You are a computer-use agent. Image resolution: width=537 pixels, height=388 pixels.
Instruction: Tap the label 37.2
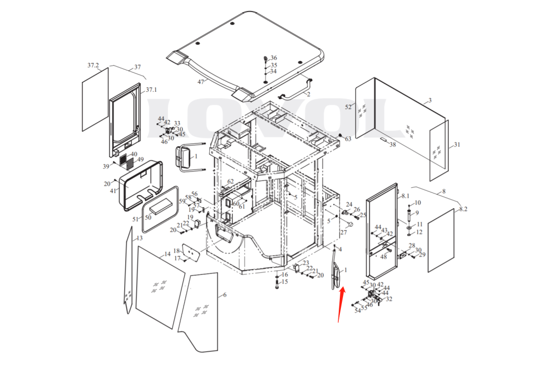pyautogui.click(x=93, y=66)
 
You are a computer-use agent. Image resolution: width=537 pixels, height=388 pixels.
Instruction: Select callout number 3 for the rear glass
pyautogui.click(x=429, y=100)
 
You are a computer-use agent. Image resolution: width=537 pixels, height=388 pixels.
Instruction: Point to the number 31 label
pyautogui.click(x=457, y=145)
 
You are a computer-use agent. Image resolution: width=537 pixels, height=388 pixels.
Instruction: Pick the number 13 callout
pyautogui.click(x=139, y=238)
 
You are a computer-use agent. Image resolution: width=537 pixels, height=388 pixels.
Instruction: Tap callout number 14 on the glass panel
pyautogui.click(x=167, y=254)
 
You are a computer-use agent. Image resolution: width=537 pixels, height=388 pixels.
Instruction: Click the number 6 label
pyautogui.click(x=224, y=295)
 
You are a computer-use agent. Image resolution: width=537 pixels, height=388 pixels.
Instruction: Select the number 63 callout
pyautogui.click(x=348, y=139)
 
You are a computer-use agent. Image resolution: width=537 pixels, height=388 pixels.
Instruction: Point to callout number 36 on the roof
pyautogui.click(x=274, y=58)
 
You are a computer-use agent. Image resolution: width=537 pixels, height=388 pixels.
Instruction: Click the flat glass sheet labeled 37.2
pyautogui.click(x=95, y=99)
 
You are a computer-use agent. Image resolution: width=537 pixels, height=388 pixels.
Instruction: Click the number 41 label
pyautogui.click(x=113, y=191)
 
